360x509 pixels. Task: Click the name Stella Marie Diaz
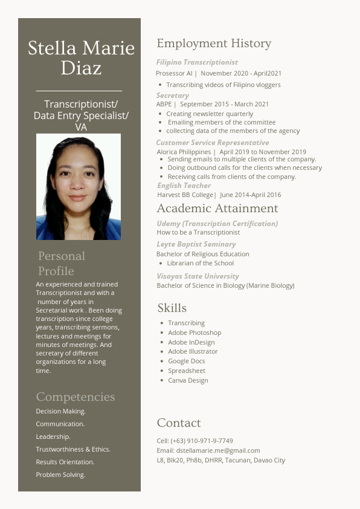tap(81, 57)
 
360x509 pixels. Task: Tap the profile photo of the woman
tap(79, 187)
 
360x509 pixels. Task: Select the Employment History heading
tap(214, 44)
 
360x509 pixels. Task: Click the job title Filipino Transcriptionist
tap(197, 62)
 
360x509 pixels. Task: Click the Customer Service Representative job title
tap(213, 143)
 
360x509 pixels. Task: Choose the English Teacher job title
tap(184, 186)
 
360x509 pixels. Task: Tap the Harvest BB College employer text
tap(185, 195)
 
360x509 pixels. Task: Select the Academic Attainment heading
tap(217, 209)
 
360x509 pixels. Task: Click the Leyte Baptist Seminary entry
tap(196, 244)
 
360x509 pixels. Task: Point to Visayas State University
tap(198, 276)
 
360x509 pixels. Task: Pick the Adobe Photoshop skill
tap(194, 332)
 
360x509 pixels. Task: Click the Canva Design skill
tap(188, 380)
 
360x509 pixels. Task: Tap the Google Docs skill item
tap(187, 361)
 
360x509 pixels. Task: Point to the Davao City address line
tap(220, 460)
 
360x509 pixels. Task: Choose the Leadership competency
tap(53, 436)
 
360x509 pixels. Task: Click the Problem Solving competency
tap(60, 475)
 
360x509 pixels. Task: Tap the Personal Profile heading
tap(62, 263)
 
